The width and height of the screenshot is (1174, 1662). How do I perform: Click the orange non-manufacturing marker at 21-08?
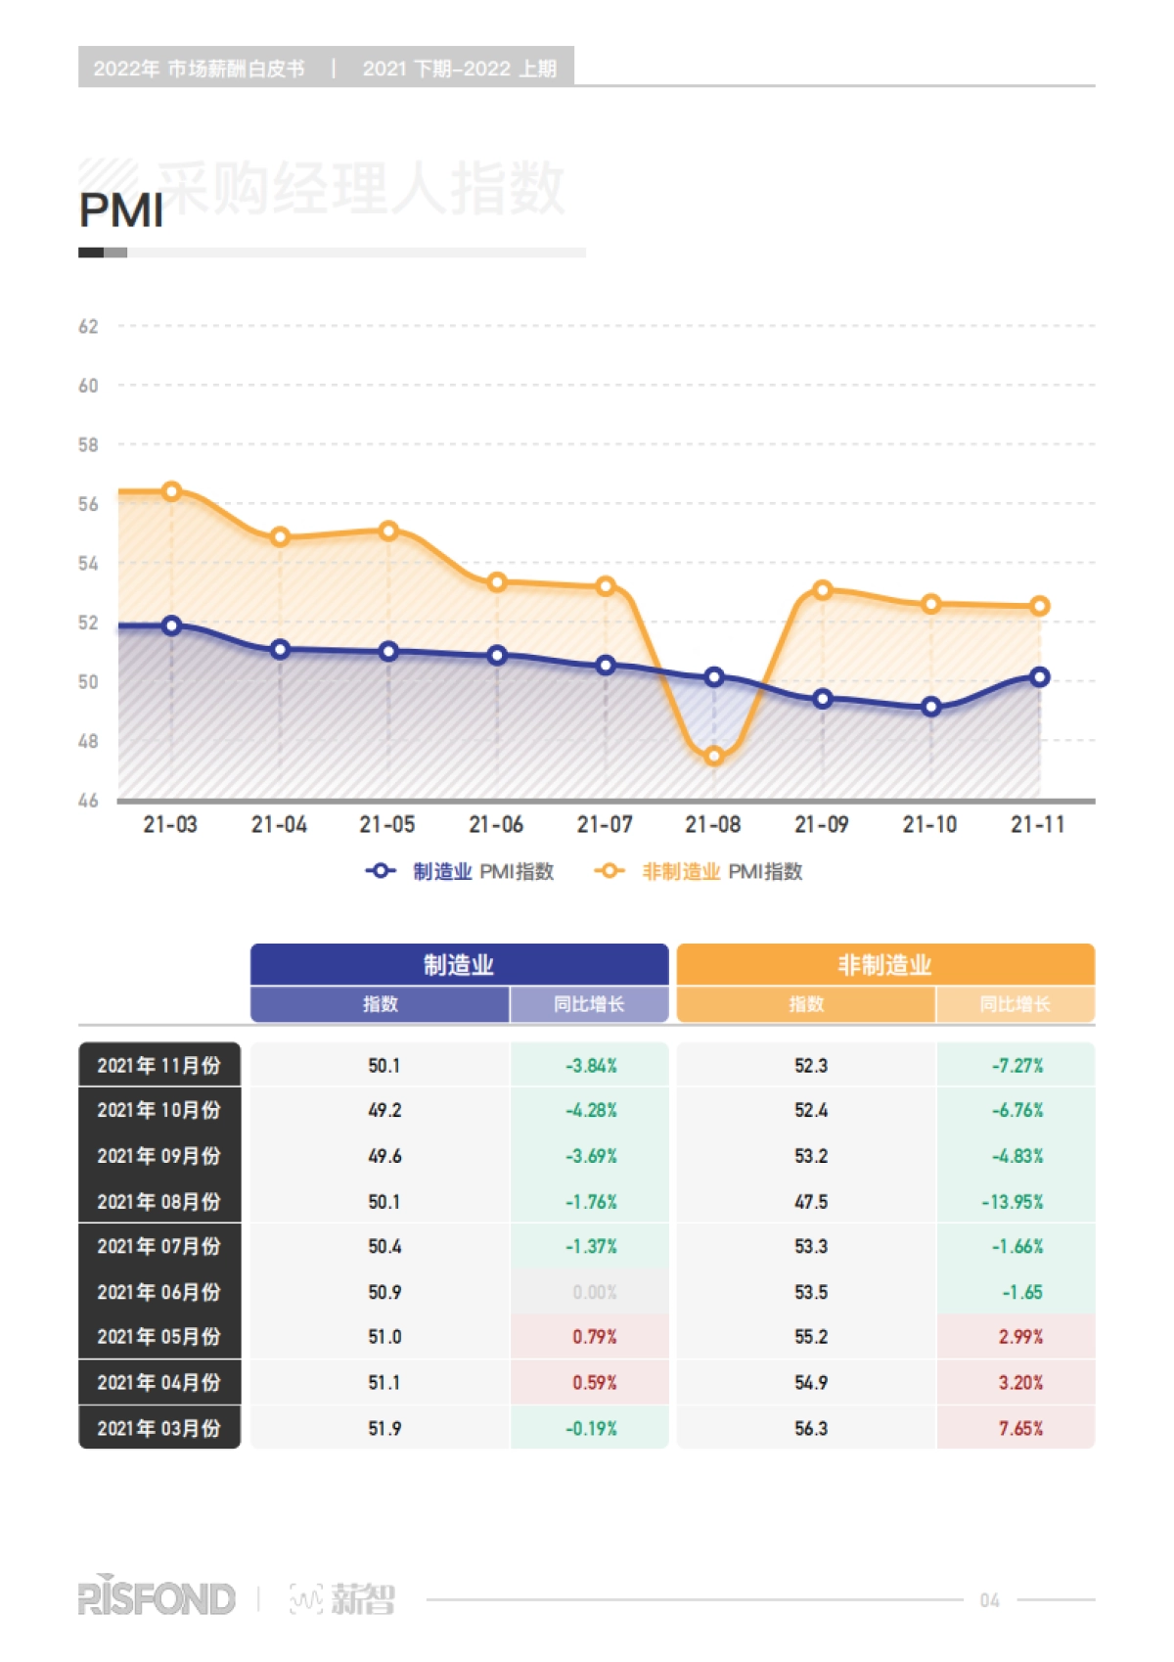click(x=714, y=756)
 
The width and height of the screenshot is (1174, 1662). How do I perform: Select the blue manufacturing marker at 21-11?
click(x=1040, y=676)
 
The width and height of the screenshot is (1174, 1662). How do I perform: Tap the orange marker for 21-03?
click(x=172, y=491)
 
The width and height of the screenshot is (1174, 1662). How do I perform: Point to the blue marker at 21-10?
click(x=931, y=707)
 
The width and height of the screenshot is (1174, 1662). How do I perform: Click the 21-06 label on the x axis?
click(x=496, y=825)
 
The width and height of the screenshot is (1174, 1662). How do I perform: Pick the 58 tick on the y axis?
click(x=88, y=445)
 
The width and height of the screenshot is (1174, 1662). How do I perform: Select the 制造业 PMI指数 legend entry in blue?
click(x=460, y=871)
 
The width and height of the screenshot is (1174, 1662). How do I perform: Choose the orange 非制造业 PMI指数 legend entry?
click(x=700, y=871)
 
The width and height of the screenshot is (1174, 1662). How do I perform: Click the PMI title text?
click(x=121, y=210)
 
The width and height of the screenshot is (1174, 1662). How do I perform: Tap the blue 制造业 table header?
click(x=459, y=965)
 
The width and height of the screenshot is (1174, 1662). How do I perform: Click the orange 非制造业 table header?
click(x=884, y=965)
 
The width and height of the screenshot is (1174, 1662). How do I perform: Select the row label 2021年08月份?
click(x=158, y=1201)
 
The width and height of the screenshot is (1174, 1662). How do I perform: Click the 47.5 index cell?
click(x=811, y=1201)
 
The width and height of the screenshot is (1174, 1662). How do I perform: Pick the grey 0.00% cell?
click(x=594, y=1292)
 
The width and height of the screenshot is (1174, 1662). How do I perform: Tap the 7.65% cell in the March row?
click(x=1020, y=1428)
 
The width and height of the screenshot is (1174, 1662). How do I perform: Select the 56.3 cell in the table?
click(x=811, y=1428)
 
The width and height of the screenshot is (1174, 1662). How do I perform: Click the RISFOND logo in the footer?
click(x=157, y=1598)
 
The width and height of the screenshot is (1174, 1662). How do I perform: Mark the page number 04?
click(x=989, y=1600)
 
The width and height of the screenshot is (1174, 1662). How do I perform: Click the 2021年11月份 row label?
click(x=158, y=1065)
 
